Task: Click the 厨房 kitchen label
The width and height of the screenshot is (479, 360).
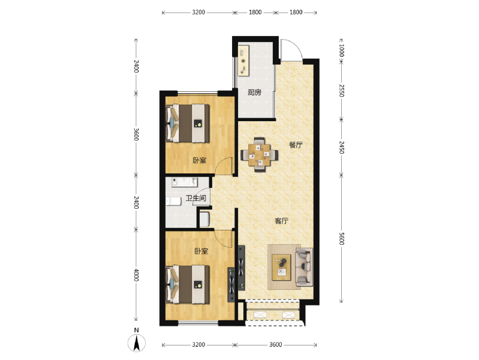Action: [254, 92]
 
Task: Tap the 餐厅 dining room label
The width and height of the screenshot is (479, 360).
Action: [296, 145]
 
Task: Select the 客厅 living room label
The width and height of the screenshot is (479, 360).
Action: [282, 221]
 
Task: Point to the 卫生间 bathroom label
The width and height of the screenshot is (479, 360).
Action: [196, 198]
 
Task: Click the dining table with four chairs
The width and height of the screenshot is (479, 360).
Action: [260, 155]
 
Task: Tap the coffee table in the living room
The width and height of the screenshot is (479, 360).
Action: [281, 268]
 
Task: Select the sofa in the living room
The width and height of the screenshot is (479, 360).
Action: [304, 267]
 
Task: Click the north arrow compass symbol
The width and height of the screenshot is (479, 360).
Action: [137, 343]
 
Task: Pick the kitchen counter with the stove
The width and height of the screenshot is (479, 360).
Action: [244, 61]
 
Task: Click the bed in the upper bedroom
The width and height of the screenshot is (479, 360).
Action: [188, 123]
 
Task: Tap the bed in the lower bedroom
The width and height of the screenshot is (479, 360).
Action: [188, 284]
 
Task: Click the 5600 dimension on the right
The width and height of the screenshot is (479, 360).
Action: [342, 239]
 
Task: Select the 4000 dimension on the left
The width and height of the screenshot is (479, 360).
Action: [136, 275]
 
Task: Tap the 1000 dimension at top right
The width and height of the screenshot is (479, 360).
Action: [342, 50]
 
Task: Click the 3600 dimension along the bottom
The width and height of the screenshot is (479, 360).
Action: [276, 345]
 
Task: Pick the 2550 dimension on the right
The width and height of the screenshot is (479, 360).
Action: [342, 91]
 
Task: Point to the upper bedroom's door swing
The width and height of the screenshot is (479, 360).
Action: [224, 166]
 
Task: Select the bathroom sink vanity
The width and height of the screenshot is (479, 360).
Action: [185, 182]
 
